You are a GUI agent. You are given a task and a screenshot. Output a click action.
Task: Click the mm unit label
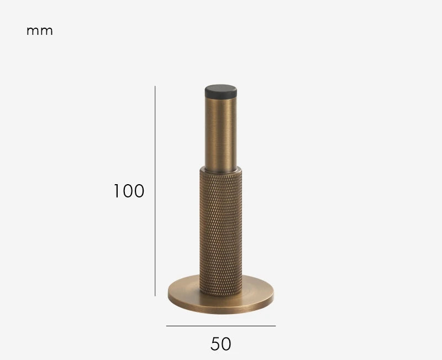39,32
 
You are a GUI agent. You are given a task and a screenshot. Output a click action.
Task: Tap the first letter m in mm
33,32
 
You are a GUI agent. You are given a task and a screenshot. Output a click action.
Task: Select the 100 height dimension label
129,191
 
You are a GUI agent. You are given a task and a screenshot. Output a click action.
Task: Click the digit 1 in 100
117,191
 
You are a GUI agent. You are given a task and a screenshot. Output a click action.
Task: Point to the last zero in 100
139,191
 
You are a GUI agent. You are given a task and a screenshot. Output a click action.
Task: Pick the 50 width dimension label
220,344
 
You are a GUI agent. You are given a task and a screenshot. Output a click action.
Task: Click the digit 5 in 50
215,344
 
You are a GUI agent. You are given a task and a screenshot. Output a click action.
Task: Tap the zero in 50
226,344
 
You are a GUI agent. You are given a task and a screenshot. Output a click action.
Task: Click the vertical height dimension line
155,191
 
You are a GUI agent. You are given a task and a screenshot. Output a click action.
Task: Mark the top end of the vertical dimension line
155,86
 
